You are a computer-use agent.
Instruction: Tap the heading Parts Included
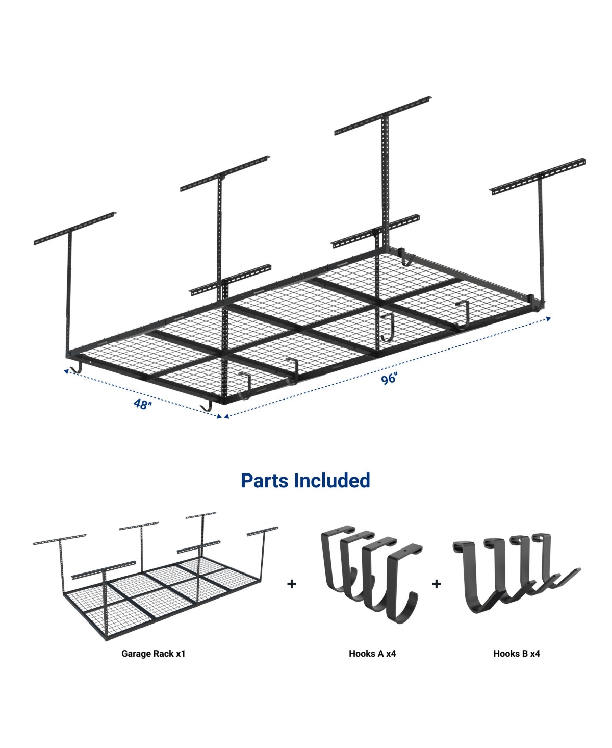click(x=305, y=480)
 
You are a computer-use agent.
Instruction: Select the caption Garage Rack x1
click(x=153, y=653)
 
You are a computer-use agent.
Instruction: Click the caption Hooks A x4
click(x=372, y=653)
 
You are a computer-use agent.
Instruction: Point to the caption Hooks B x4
click(x=516, y=653)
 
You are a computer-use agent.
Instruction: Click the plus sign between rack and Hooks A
click(x=292, y=583)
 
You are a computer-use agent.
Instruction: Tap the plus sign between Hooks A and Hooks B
click(x=436, y=583)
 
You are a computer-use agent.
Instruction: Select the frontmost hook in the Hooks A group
click(x=403, y=587)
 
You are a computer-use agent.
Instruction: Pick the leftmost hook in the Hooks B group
click(x=472, y=577)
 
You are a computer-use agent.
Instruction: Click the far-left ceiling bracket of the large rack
click(x=75, y=227)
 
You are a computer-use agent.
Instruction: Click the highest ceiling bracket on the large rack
click(x=383, y=115)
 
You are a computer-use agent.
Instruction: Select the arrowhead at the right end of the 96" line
click(x=548, y=318)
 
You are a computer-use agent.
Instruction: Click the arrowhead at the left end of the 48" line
click(x=66, y=371)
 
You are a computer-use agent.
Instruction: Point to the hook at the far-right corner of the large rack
click(x=537, y=304)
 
